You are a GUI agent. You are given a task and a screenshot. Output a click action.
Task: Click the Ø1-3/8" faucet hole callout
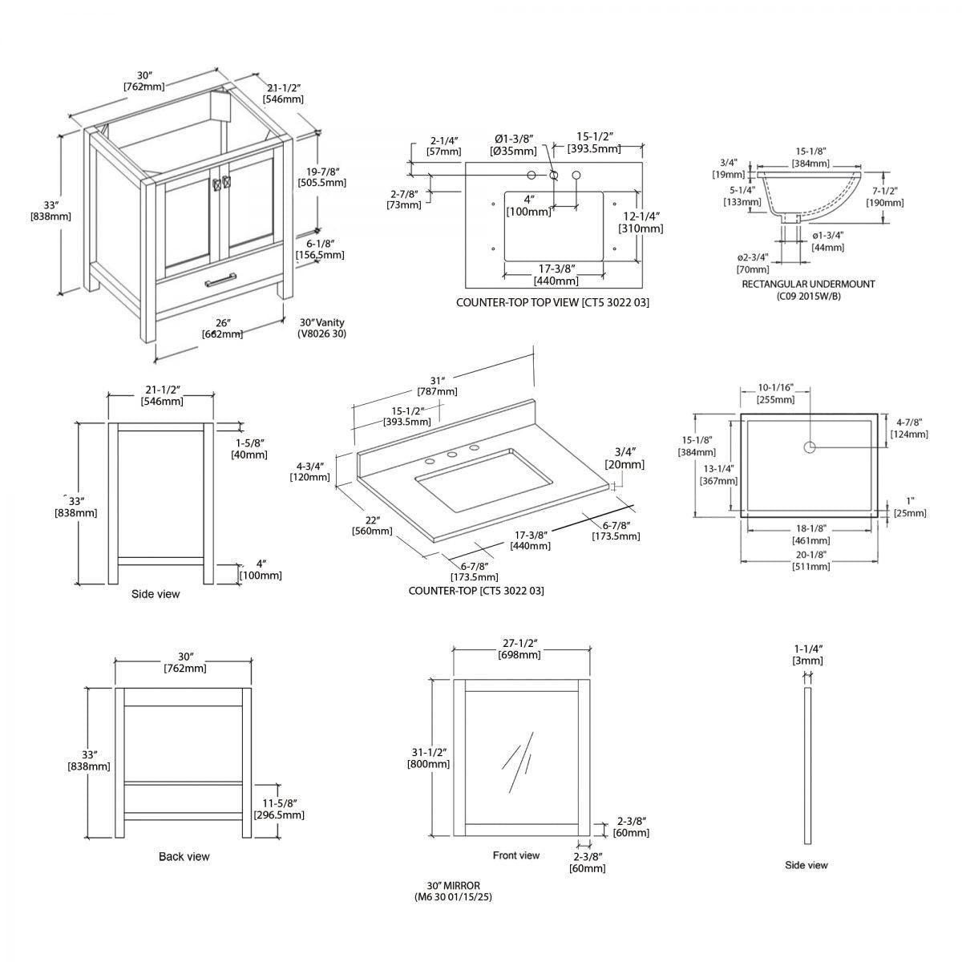coord(513,144)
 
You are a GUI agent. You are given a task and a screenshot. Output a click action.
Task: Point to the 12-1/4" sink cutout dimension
coord(641,222)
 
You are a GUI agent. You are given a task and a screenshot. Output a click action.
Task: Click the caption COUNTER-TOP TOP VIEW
coord(552,302)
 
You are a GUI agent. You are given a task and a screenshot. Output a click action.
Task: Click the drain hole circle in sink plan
coord(810,447)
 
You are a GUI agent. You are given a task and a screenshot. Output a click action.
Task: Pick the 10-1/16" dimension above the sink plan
coord(775,393)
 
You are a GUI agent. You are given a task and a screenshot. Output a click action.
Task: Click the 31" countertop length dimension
coord(437,385)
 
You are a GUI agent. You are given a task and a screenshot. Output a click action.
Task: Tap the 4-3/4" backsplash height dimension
coord(309,471)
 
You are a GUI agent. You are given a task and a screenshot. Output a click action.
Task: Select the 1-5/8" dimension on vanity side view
coord(249,448)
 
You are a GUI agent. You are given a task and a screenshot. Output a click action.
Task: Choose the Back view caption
coord(184,857)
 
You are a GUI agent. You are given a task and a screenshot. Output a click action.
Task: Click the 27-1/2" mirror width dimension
coord(520,649)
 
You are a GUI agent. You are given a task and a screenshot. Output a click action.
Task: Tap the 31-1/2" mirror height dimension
coord(428,758)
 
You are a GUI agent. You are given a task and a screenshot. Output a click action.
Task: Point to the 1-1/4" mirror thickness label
coord(807,654)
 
